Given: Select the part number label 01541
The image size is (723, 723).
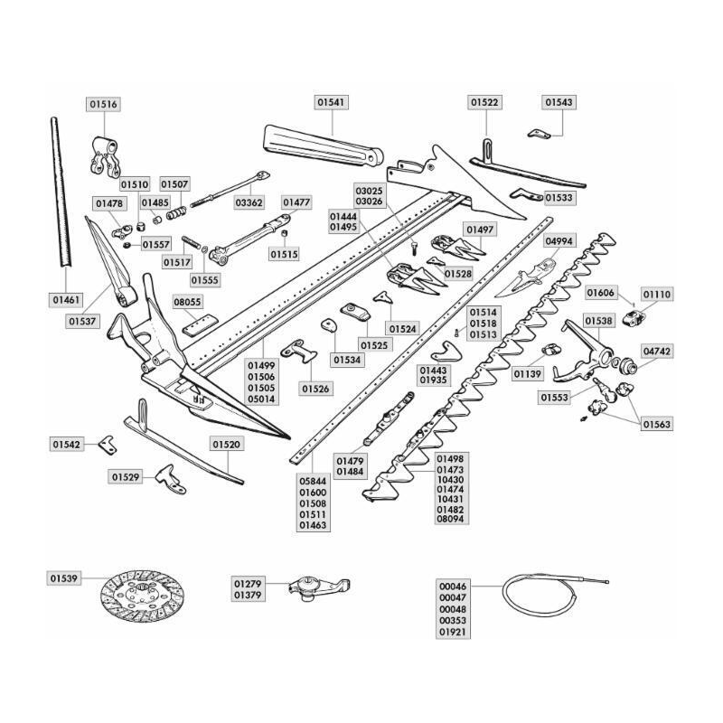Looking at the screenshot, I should tap(332, 104).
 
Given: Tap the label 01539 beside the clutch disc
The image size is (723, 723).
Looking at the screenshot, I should tap(64, 576).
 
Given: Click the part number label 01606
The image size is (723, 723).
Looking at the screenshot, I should tap(601, 293).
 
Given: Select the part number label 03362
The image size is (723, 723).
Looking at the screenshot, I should tap(249, 202).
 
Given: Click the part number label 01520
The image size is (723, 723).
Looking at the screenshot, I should tap(227, 445).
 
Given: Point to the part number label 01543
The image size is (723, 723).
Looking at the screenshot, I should tap(559, 104).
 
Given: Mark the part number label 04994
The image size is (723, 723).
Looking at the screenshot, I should tap(559, 241).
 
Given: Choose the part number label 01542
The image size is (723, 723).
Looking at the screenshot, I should tap(67, 445).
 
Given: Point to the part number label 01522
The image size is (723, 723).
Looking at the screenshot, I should tap(485, 104).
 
